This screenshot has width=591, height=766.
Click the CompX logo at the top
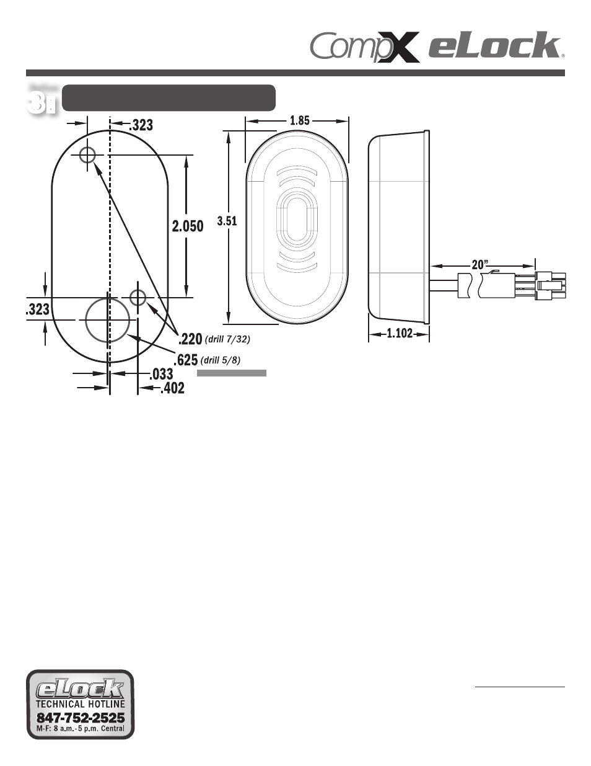(x=364, y=47)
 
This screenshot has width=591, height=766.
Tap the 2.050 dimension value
(x=188, y=226)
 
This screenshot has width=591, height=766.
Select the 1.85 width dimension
(x=300, y=120)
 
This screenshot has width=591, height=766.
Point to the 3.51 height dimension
(x=227, y=221)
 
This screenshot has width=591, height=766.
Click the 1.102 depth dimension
(x=400, y=333)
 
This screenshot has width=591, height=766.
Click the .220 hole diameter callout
(x=190, y=339)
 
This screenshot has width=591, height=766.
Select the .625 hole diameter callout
(x=185, y=360)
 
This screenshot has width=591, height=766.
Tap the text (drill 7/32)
(x=227, y=339)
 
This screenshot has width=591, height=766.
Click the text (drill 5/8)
(x=221, y=360)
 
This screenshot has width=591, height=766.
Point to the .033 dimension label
(x=161, y=374)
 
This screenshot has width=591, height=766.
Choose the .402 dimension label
(x=172, y=388)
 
